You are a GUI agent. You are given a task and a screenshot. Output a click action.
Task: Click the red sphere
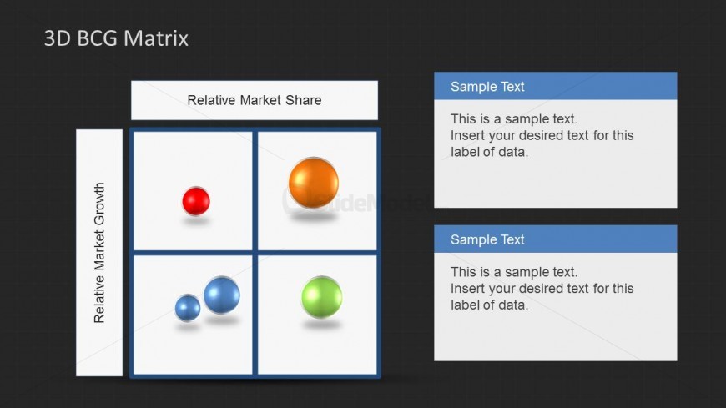196,201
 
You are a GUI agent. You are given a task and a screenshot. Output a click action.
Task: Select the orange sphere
314,183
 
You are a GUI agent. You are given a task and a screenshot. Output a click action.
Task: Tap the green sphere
322,297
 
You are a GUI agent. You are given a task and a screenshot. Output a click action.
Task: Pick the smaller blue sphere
188,308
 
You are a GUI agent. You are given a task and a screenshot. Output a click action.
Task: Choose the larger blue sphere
222,295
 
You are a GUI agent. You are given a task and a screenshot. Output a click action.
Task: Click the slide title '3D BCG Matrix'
116,38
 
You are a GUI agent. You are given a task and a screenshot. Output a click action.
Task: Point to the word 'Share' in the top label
303,100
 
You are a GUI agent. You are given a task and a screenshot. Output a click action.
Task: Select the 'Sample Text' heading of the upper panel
487,87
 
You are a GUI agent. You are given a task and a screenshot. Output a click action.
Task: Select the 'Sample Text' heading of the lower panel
487,239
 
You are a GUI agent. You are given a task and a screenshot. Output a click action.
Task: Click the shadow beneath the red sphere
196,221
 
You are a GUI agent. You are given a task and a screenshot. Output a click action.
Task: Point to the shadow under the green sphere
322,325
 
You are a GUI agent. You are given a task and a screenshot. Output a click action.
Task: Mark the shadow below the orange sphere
314,216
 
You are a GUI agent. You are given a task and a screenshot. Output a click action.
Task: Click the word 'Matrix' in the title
156,38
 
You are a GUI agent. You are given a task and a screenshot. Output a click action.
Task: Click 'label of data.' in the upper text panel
489,152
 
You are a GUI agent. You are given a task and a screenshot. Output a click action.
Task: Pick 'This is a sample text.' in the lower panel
514,272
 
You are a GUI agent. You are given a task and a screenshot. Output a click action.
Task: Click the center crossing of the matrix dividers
255,253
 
